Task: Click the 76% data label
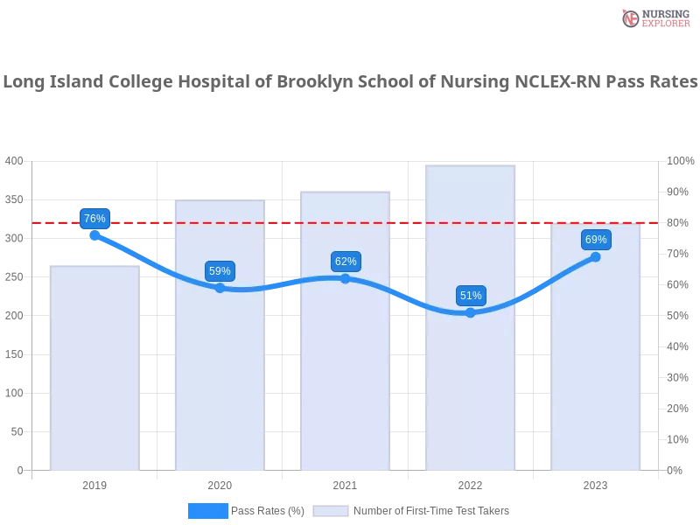94,219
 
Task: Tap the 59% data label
220,271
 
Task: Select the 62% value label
346,262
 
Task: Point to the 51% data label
471,296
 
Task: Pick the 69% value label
596,240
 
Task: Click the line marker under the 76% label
94,235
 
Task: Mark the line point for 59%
220,287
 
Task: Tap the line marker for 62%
346,278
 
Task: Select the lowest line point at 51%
471,312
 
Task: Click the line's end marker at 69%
596,256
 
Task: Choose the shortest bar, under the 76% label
94,367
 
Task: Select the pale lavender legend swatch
331,511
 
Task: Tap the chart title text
350,82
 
